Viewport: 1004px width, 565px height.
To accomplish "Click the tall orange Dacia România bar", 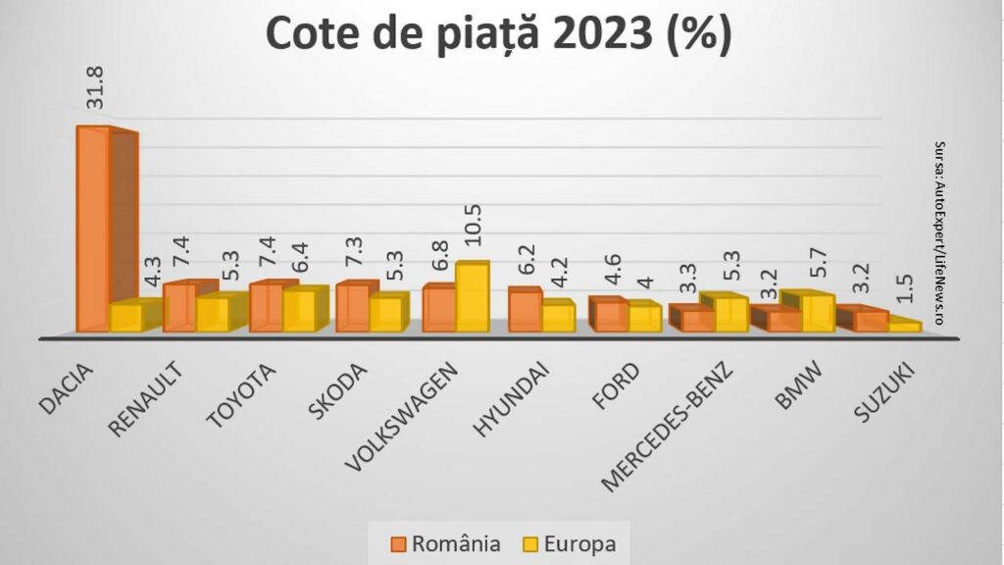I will coord(93,231).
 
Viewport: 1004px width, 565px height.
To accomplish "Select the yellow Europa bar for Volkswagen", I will coord(472,297).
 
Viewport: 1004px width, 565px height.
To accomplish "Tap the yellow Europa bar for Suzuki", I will coord(905,326).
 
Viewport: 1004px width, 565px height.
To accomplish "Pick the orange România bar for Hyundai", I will coord(525,312).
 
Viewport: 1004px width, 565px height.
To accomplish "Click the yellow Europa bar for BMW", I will coord(818,313).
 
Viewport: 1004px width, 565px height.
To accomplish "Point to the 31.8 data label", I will coord(96,87).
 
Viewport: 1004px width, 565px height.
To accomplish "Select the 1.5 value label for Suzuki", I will coord(907,291).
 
